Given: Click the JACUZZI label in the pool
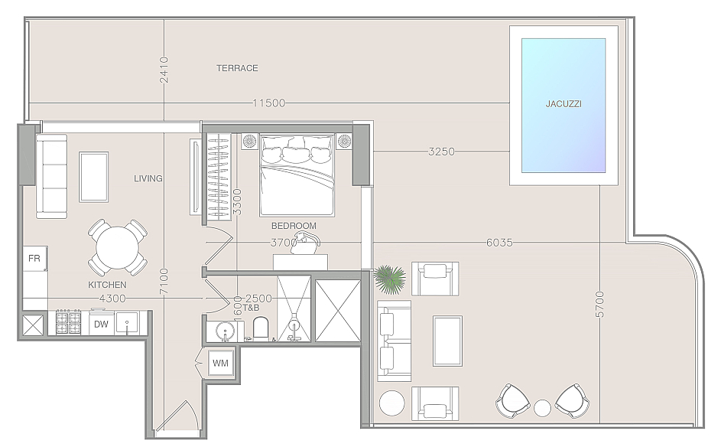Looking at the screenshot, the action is tap(563, 103).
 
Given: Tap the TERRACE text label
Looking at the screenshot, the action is tap(237, 68).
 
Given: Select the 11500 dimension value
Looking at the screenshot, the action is tap(269, 103).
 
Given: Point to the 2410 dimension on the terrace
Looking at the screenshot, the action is tap(164, 70).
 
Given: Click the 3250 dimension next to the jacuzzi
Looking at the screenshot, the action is tap(441, 151).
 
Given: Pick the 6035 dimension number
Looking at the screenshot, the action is tap(499, 242).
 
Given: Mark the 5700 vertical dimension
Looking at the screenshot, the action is tap(599, 305).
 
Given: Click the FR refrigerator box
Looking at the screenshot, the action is tap(35, 259).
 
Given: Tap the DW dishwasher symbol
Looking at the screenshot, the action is tap(101, 324).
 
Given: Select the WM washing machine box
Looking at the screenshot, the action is tap(221, 364).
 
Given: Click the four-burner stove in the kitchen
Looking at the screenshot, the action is tap(69, 322).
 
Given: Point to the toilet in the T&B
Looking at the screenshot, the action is tap(260, 328).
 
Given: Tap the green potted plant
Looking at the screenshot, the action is tap(391, 279).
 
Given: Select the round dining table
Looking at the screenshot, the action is tap(117, 248).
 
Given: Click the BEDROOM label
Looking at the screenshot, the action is tap(294, 226).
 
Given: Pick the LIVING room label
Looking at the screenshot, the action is tap(148, 178).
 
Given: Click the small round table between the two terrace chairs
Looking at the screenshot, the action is tap(543, 407).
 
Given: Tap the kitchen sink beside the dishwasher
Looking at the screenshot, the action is tap(126, 323).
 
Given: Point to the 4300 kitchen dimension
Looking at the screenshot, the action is tap(112, 299).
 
